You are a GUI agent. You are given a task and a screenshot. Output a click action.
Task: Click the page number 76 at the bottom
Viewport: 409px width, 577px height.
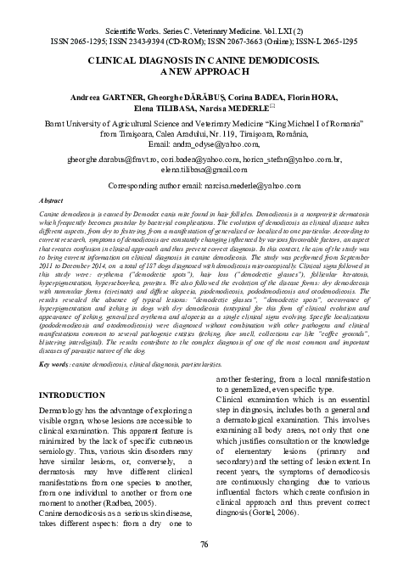click(x=204, y=543)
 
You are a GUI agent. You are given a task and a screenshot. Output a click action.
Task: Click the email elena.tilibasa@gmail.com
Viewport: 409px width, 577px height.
click(x=203, y=169)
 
